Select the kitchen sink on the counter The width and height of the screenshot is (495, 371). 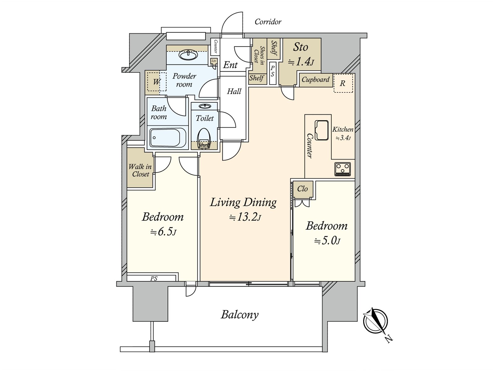coord(321,130)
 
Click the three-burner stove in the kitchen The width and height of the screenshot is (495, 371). coord(342,169)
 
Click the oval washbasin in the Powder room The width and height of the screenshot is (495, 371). coord(188,55)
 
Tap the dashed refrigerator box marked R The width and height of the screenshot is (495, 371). coord(343,83)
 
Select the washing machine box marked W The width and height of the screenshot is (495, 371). coord(157,82)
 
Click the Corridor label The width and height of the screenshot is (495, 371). coord(268,22)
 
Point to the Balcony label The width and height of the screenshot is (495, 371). coord(239,315)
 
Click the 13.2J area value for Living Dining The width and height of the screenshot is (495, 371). coord(245,217)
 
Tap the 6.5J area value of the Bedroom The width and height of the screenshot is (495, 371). coord(163,232)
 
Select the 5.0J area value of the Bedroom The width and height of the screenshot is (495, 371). coord(327,241)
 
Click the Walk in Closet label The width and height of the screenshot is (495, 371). coord(140,170)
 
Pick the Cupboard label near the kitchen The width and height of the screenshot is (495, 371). coord(316,79)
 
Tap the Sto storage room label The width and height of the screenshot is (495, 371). coord(300,47)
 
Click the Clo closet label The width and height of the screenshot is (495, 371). coord(302,189)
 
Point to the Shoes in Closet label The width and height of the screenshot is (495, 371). coord(259,56)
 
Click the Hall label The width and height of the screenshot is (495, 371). coord(234,91)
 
